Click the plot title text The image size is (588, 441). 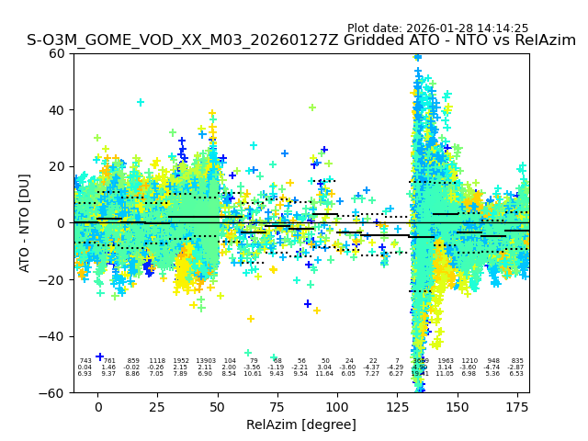(301, 40)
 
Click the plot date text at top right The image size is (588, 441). (437, 28)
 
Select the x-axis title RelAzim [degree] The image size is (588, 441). (301, 424)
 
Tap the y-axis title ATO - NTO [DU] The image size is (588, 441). (25, 222)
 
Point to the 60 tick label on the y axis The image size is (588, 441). (57, 53)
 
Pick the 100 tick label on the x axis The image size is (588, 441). (337, 407)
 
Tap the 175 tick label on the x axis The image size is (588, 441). (517, 407)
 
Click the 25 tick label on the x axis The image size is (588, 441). (158, 407)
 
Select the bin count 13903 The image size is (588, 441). (206, 361)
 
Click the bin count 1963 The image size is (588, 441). (446, 361)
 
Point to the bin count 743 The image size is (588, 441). (85, 361)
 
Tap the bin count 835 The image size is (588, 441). (517, 361)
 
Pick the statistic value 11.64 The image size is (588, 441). (325, 374)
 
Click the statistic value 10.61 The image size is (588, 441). (253, 374)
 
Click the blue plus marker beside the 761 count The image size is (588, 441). (99, 356)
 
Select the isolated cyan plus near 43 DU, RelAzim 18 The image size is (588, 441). (141, 102)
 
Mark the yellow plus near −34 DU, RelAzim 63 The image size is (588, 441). (250, 319)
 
